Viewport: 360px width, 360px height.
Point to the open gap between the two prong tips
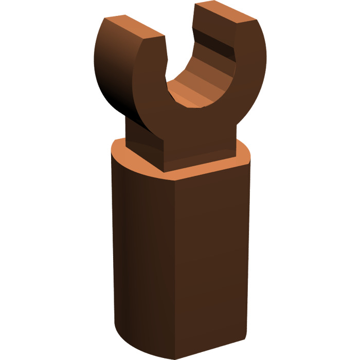click(x=180, y=31)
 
